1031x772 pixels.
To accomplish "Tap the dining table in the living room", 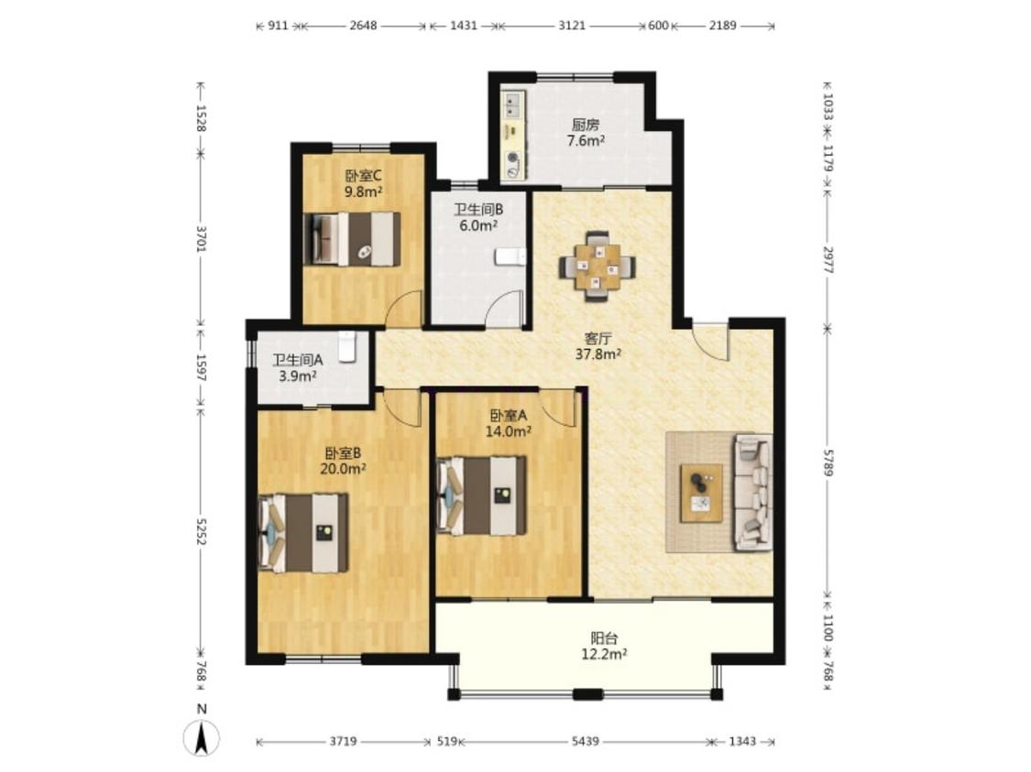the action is pos(598,266).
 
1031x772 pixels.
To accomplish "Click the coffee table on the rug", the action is pos(701,493).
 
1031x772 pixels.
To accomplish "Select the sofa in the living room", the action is pos(753,492).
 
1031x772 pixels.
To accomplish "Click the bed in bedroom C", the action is pos(352,238).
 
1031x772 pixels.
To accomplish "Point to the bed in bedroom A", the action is pos(482,495).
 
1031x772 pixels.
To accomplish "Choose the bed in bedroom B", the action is pos(303,533).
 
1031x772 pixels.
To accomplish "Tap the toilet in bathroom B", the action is pos(510,256).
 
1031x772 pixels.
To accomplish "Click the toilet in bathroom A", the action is pos(347,346).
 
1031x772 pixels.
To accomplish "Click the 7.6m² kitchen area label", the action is pos(586,141).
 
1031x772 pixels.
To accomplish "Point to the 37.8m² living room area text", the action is pos(598,354).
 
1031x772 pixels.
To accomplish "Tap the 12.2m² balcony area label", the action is pos(603,654).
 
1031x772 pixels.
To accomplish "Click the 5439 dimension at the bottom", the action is pos(585,742).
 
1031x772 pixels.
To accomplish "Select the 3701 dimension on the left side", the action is pos(202,239).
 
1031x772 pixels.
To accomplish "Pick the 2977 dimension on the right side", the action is pos(828,260).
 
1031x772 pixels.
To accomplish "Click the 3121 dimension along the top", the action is pos(571,26).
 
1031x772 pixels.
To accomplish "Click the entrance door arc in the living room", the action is pos(710,342).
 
